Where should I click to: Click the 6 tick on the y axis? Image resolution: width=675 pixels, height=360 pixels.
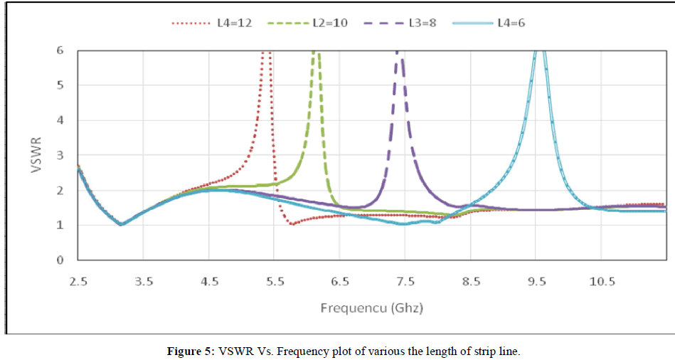[x=60, y=51]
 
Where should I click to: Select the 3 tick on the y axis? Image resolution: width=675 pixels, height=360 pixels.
[x=60, y=155]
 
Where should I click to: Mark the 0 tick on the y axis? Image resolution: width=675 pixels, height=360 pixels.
[x=60, y=260]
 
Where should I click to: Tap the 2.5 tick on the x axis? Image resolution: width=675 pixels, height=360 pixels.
[x=78, y=282]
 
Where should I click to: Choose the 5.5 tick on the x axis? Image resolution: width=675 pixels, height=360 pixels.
[x=275, y=282]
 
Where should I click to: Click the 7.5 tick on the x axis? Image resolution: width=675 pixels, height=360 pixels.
[x=405, y=282]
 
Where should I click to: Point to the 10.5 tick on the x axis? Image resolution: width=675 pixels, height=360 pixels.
[x=602, y=282]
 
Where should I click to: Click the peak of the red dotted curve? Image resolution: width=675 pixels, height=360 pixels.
[x=267, y=52]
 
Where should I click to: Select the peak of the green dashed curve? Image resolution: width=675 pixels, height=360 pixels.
[x=316, y=52]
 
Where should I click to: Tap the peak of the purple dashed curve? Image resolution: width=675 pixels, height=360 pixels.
[x=399, y=52]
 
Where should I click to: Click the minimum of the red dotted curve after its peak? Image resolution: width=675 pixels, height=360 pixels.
[x=292, y=224]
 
